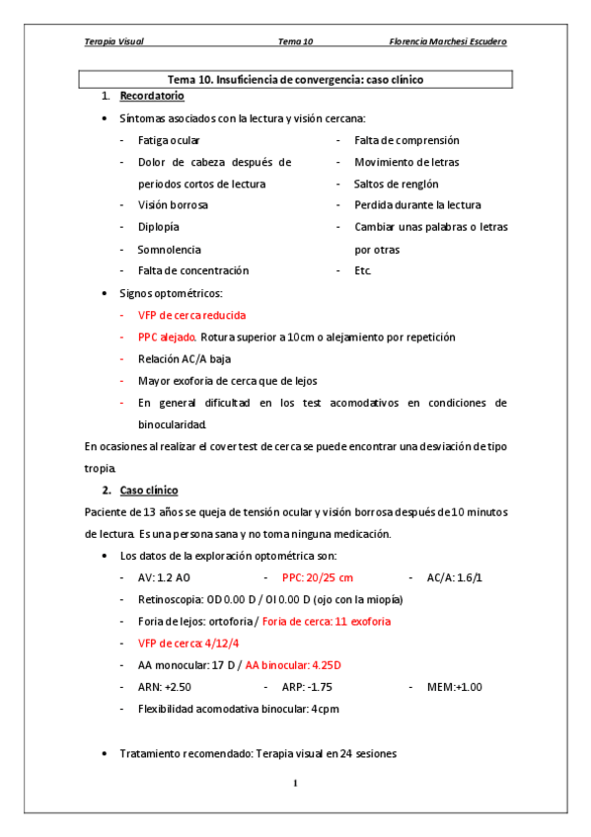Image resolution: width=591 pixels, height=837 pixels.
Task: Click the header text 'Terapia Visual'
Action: (x=114, y=41)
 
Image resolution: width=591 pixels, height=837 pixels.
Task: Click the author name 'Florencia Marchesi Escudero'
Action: (x=449, y=41)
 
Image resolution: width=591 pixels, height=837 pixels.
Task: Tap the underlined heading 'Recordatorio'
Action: (x=151, y=96)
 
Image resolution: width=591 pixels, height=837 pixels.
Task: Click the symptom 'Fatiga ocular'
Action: (x=169, y=140)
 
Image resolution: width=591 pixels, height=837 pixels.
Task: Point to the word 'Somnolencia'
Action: (x=169, y=249)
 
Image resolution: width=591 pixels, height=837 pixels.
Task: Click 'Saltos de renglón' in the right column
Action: (x=396, y=184)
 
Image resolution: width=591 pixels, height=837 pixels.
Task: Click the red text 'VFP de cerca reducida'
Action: (x=191, y=316)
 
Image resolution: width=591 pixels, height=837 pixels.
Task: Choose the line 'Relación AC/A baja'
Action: (x=185, y=359)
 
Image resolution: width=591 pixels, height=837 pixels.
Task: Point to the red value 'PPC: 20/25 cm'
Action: (x=318, y=577)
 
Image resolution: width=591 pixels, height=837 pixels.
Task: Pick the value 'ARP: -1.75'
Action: (x=307, y=687)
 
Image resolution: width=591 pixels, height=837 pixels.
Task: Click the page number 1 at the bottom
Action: (x=294, y=784)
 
